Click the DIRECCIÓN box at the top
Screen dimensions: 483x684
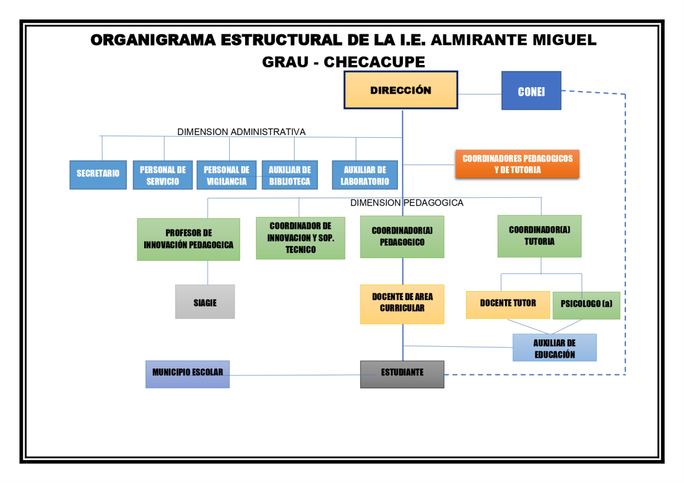point(401,90)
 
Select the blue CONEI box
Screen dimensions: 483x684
point(531,91)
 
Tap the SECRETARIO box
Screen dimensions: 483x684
point(98,174)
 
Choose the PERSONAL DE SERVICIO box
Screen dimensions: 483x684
point(162,175)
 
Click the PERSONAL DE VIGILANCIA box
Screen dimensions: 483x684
point(226,175)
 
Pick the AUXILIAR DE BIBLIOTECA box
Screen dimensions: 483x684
point(290,175)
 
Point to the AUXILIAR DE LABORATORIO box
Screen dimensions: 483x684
point(365,175)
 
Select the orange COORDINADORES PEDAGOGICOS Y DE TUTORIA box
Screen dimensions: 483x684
point(517,164)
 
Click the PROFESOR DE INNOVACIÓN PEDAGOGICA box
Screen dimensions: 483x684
point(188,239)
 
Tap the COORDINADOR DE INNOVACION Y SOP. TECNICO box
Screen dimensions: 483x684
point(300,238)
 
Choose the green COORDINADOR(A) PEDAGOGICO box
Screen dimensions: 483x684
point(402,236)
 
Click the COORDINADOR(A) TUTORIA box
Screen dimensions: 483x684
point(539,236)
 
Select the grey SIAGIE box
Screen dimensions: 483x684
point(205,302)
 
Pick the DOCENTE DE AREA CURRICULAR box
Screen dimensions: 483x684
point(402,304)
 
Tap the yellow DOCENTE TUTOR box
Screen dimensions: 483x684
point(508,304)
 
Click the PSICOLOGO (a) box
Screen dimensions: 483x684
point(586,305)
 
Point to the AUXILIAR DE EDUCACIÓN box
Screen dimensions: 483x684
point(555,347)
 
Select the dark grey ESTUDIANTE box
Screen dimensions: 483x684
point(402,374)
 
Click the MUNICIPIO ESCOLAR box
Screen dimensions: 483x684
point(188,374)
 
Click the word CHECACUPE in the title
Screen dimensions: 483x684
point(374,62)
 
